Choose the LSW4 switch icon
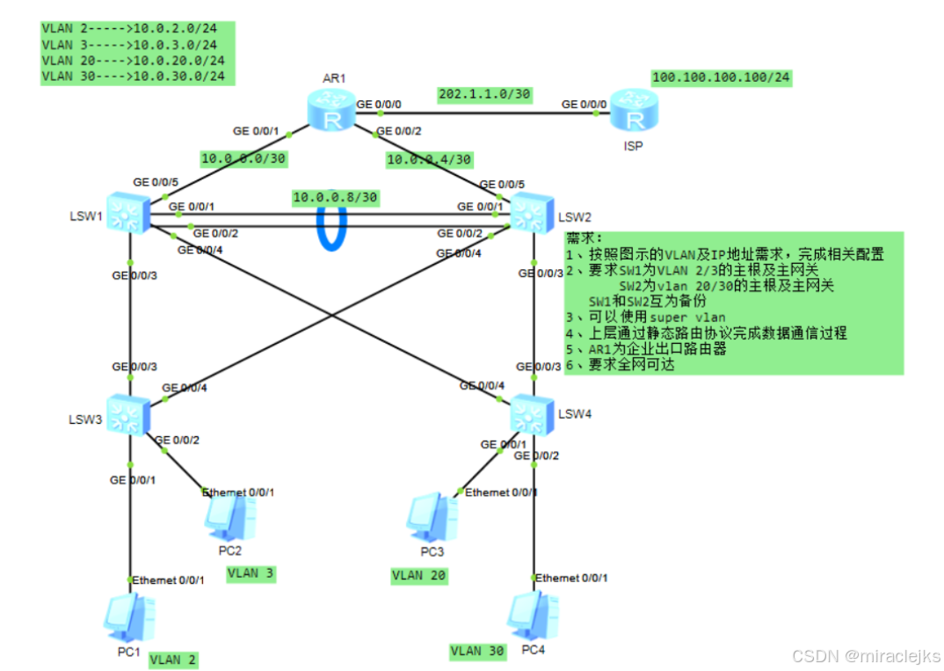532,413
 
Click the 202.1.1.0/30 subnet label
484,94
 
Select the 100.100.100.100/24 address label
721,78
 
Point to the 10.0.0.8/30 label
335,197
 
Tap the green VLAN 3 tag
251,573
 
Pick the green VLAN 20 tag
418,576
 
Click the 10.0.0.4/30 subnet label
429,159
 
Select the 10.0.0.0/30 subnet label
243,158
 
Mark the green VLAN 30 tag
477,651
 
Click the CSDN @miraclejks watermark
866,656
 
